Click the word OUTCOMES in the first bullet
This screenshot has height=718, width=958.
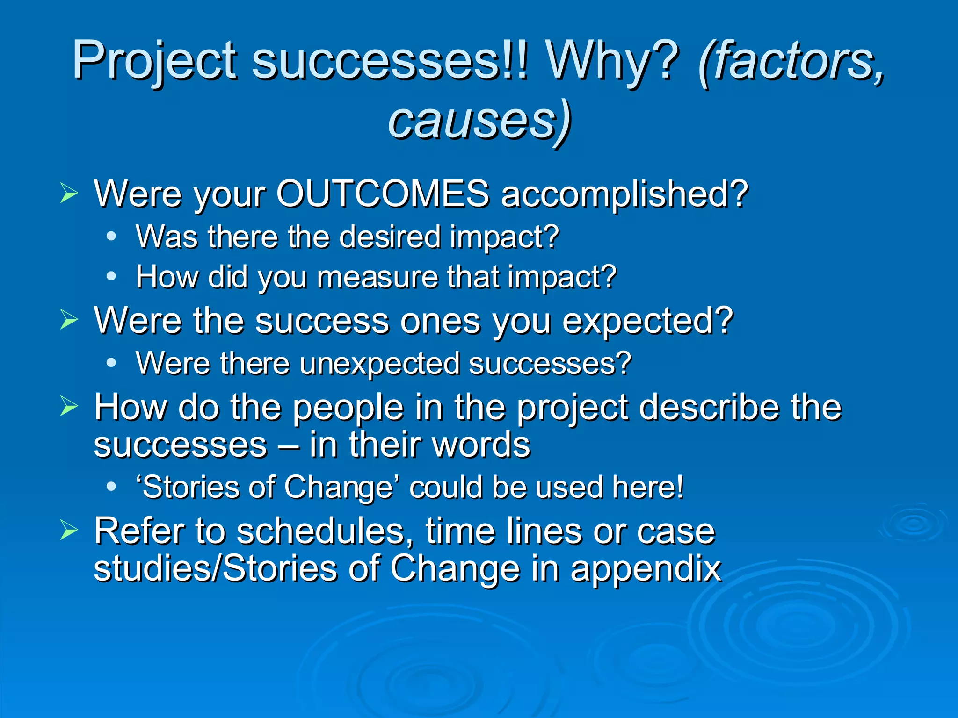click(x=382, y=194)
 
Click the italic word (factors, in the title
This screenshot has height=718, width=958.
click(x=791, y=61)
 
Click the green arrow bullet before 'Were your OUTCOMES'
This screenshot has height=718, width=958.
click(x=69, y=194)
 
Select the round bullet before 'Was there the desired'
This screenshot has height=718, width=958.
click(x=111, y=237)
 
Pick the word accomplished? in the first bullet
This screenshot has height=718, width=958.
click(x=624, y=194)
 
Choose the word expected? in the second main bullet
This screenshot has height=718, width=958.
click(x=647, y=322)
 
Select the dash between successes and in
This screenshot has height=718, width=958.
click(x=288, y=445)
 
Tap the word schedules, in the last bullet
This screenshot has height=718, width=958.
click(x=325, y=531)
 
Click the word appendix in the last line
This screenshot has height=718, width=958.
click(x=646, y=569)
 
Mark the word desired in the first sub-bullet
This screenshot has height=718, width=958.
click(x=390, y=237)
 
